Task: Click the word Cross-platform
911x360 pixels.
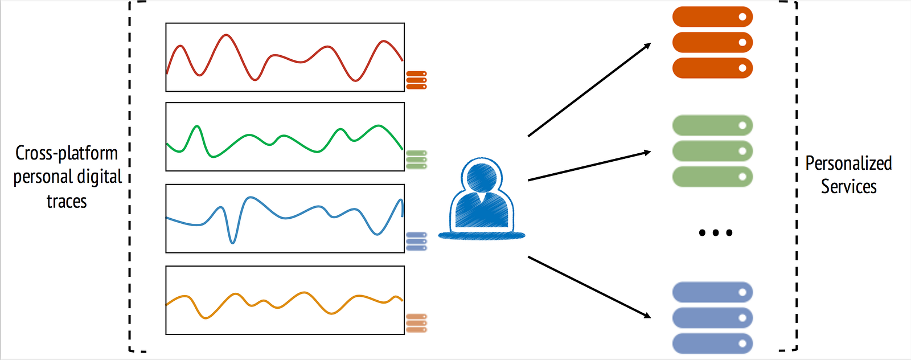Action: [x=67, y=153]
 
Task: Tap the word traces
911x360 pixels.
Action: [x=67, y=201]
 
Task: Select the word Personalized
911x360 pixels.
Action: [x=849, y=163]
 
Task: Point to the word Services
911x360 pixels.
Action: [x=849, y=187]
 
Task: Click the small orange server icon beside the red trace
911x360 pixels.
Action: [x=416, y=80]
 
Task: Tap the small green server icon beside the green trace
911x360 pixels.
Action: [x=416, y=159]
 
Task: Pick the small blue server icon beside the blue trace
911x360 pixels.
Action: [x=416, y=241]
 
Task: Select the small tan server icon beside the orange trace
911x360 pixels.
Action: [x=416, y=323]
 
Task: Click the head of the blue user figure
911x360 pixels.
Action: [x=482, y=177]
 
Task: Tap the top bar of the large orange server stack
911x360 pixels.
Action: [x=712, y=17]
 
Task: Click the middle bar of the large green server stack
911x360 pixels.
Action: [x=712, y=151]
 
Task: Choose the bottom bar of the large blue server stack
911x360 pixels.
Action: [x=712, y=343]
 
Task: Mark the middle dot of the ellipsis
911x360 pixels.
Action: [x=716, y=232]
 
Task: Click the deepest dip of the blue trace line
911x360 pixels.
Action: [x=232, y=243]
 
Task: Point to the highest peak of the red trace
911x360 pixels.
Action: [x=225, y=35]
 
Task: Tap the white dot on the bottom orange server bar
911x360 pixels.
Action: [x=742, y=68]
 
